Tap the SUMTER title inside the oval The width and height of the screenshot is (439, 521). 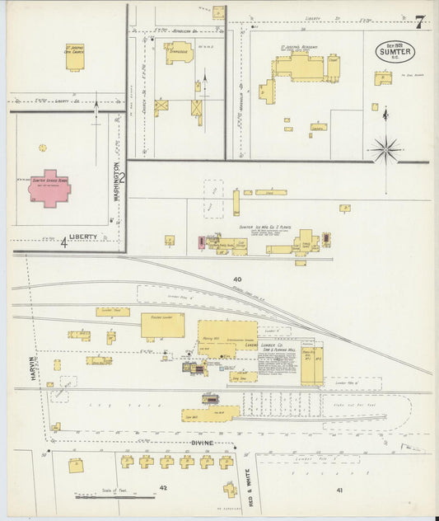click(395, 51)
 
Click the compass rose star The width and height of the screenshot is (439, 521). click(385, 149)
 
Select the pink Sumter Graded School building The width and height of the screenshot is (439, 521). click(49, 187)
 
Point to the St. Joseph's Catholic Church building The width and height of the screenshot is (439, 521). click(75, 59)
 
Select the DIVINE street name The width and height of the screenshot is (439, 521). click(203, 443)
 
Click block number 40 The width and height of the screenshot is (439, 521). click(237, 279)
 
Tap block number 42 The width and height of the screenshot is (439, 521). click(163, 488)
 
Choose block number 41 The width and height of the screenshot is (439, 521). click(339, 490)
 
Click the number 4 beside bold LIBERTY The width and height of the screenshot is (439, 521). click(63, 242)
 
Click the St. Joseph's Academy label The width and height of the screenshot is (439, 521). click(299, 48)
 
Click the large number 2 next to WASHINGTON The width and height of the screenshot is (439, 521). click(122, 176)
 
